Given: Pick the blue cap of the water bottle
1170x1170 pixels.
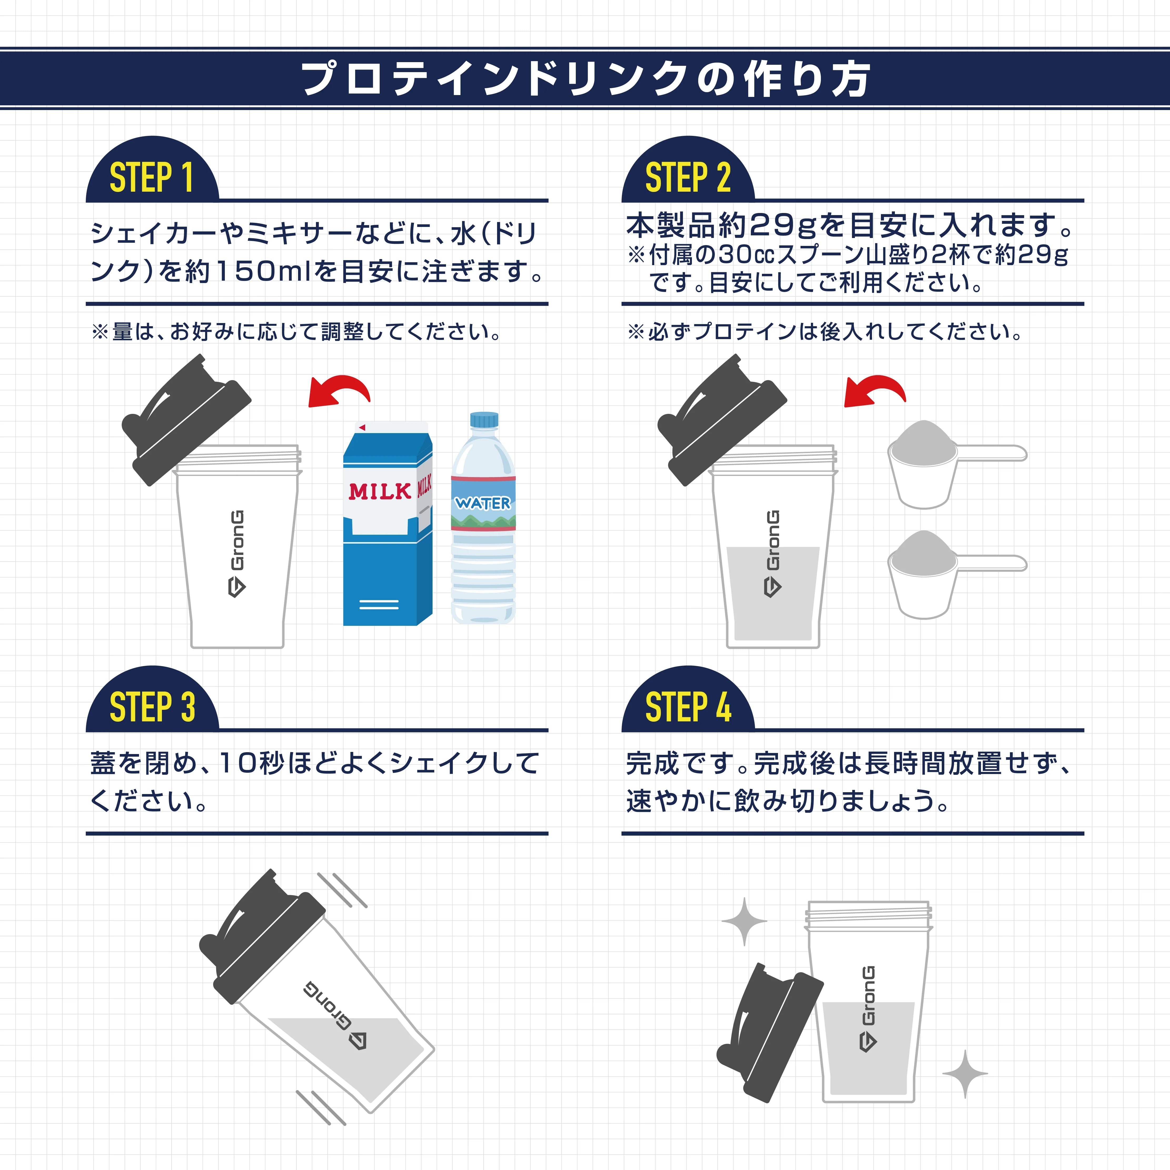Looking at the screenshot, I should pyautogui.click(x=484, y=419).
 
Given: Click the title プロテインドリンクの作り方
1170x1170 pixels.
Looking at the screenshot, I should pyautogui.click(x=585, y=79).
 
